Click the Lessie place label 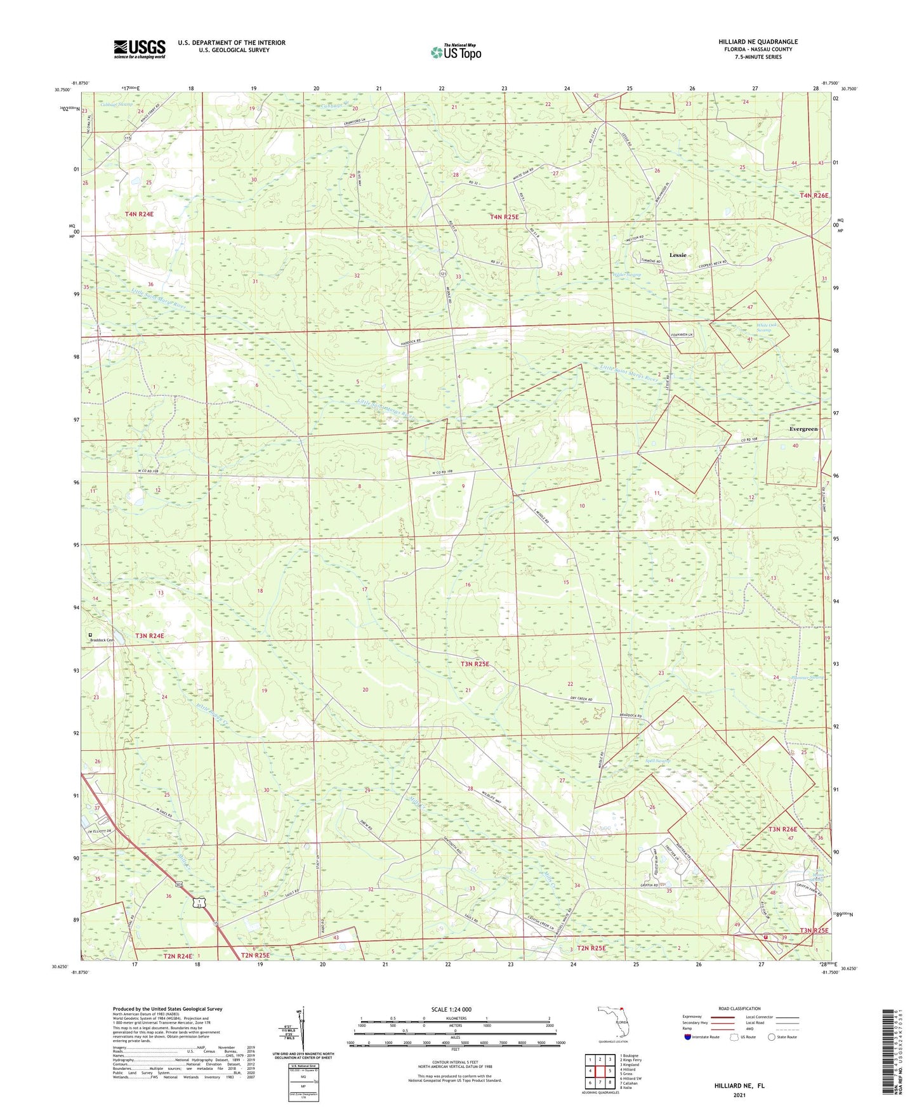(678, 255)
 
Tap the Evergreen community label (803, 429)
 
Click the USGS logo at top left (140, 49)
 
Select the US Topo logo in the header (456, 52)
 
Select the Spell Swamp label (658, 760)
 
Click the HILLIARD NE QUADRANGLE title (758, 42)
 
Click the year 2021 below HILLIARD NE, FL (739, 1095)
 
